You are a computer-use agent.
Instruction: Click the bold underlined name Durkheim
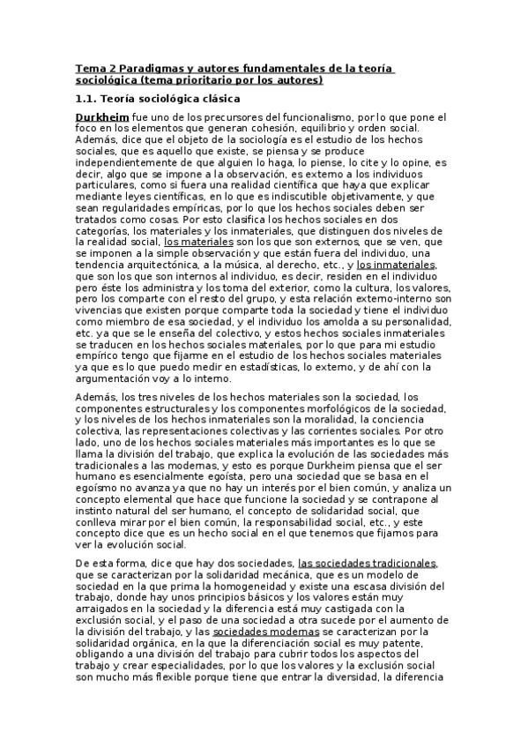tap(102, 116)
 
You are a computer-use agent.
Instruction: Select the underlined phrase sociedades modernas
tap(254, 632)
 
